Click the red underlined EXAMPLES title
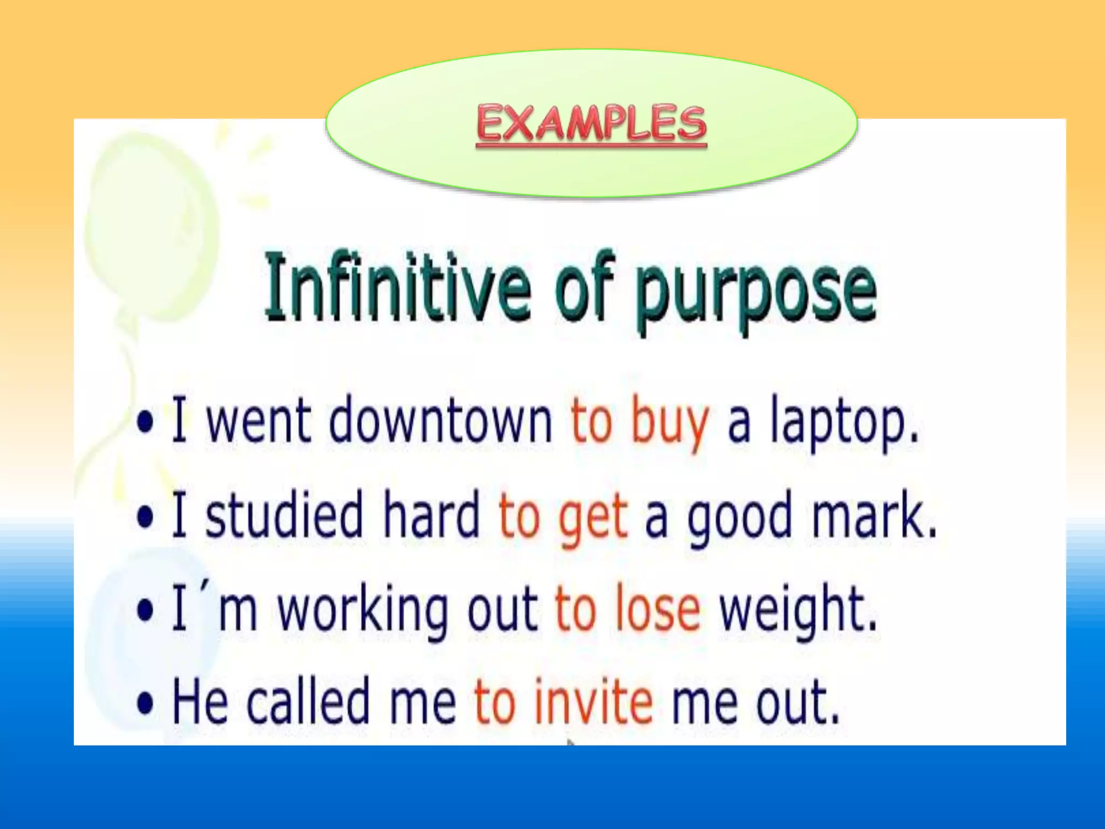tap(591, 124)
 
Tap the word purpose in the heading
tap(755, 291)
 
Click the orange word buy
tap(670, 424)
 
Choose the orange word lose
tap(658, 610)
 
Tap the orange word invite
tap(594, 702)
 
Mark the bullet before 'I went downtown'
tap(145, 422)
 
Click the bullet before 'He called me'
tap(145, 703)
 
